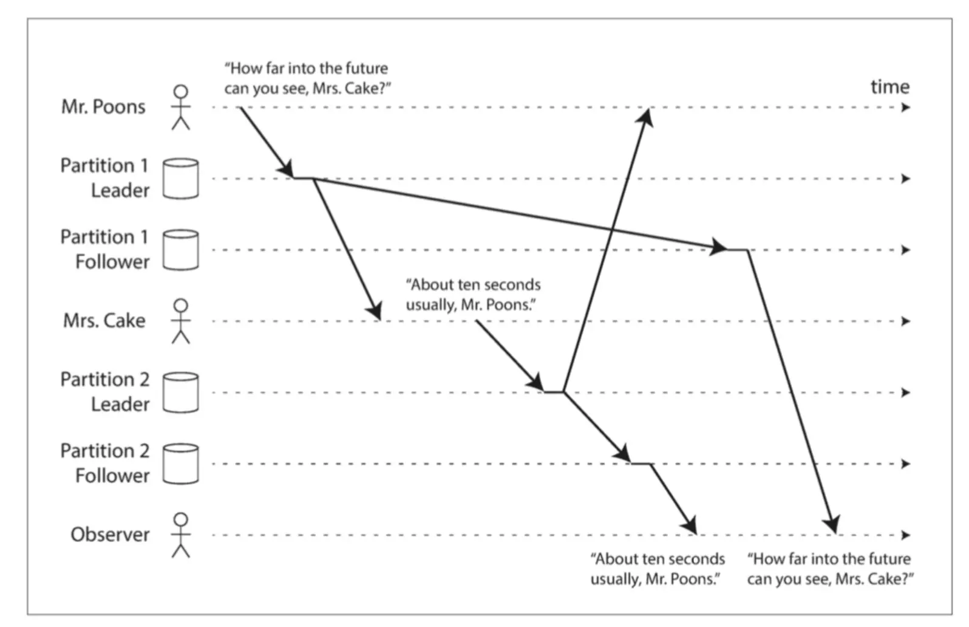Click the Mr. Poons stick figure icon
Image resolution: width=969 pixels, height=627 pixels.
[x=180, y=108]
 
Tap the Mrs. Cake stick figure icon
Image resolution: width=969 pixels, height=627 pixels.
[x=180, y=321]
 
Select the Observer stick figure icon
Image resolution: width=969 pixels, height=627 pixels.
[x=180, y=535]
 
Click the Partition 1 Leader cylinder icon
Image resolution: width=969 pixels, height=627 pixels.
[x=180, y=179]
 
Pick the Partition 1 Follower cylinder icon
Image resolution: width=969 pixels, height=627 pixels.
[x=180, y=250]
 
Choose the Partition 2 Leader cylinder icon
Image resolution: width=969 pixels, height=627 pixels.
[x=180, y=392]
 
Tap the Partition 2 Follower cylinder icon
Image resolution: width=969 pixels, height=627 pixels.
[x=180, y=464]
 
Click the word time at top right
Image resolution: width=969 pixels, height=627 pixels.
[x=889, y=87]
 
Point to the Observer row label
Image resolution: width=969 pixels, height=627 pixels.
[x=110, y=535]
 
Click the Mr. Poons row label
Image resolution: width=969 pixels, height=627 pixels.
[x=103, y=107]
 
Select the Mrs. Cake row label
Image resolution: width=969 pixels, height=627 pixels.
[x=104, y=321]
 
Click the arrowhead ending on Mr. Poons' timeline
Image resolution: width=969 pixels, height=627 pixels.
[x=646, y=116]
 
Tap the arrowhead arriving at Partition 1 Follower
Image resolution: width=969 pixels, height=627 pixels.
[x=719, y=247]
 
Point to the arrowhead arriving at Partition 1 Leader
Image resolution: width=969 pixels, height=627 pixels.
[x=286, y=170]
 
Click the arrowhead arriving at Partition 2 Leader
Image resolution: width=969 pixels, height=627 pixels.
[x=536, y=383]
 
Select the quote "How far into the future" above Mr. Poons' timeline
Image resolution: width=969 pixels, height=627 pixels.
[x=307, y=78]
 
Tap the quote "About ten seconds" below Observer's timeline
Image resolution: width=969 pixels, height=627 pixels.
[x=658, y=569]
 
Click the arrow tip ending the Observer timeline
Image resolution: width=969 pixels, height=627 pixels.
[x=906, y=535]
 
